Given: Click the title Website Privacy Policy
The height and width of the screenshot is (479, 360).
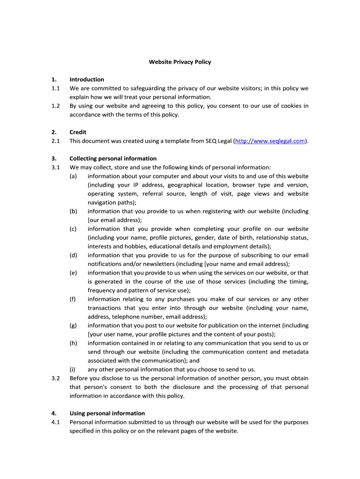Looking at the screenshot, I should [180, 62].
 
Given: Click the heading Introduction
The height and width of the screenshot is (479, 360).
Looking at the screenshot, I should [86, 80].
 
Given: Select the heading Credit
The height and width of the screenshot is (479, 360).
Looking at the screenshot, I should [78, 132].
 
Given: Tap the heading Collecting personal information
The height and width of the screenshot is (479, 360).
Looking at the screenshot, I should [113, 159].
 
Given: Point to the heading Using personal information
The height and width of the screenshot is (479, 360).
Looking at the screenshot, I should [107, 414].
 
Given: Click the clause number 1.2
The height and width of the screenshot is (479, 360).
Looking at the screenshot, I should [56, 106].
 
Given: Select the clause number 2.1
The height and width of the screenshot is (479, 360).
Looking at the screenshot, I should [56, 141].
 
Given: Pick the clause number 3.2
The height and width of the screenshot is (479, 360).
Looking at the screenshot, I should [56, 378].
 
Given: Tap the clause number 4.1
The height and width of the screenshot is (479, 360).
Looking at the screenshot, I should [56, 422].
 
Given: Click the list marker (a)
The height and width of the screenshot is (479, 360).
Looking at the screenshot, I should [73, 176].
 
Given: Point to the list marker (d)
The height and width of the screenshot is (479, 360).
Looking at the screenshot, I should [73, 255].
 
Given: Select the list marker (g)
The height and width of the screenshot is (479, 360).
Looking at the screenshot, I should [73, 326].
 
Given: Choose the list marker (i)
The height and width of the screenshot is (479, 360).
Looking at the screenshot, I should [73, 370].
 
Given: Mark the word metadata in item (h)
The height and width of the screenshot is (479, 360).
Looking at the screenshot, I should [295, 352].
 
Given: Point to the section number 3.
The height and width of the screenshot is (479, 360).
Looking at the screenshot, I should [54, 159].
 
